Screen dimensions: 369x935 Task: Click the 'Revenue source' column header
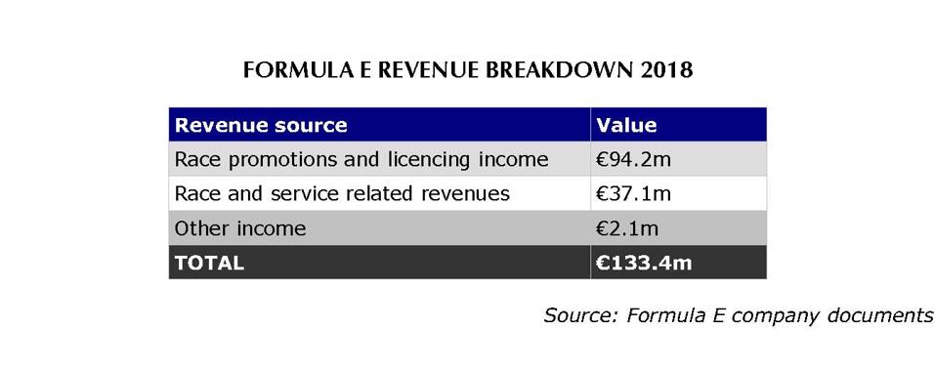(x=260, y=125)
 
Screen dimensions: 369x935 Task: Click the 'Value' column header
(x=626, y=125)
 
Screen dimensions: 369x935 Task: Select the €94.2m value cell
(x=632, y=159)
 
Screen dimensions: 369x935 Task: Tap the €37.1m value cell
(x=632, y=193)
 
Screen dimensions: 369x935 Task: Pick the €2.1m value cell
(x=626, y=228)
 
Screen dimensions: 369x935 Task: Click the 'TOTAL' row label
(x=208, y=263)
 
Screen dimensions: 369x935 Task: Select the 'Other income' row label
(x=239, y=228)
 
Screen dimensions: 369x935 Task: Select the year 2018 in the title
(x=667, y=71)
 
